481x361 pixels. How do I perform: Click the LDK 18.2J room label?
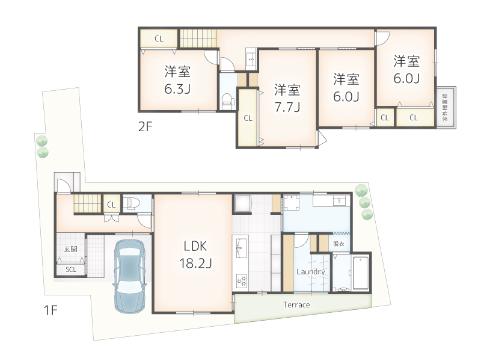click(195, 254)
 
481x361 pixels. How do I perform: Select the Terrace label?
click(296, 305)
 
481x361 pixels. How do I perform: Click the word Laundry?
click(311, 272)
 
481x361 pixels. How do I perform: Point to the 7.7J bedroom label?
click(287, 99)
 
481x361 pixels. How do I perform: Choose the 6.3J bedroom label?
click(178, 81)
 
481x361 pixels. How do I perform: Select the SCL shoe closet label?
click(71, 270)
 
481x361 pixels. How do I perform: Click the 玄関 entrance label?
click(70, 249)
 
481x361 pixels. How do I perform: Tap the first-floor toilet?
click(133, 203)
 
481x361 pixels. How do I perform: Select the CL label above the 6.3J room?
click(159, 39)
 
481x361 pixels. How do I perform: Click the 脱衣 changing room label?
click(339, 244)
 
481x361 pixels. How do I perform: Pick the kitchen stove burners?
click(241, 280)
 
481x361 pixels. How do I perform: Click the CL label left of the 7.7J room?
click(248, 119)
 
